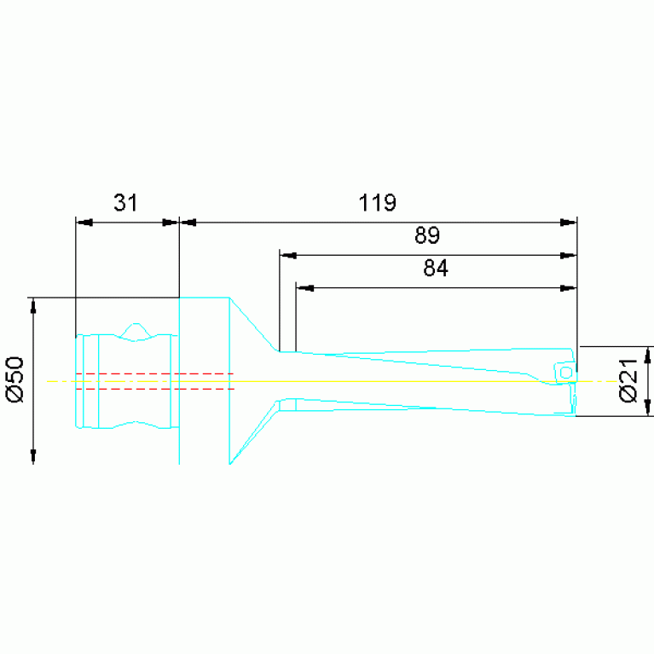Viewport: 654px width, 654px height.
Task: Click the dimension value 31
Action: click(125, 203)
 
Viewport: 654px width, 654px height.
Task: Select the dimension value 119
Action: click(377, 203)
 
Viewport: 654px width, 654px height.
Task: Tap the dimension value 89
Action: click(427, 235)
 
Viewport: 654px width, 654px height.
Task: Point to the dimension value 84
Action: click(436, 269)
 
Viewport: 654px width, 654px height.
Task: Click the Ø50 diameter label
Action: click(15, 379)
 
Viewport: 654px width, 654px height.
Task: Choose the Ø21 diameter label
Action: click(628, 380)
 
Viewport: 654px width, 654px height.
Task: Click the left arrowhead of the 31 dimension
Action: click(84, 223)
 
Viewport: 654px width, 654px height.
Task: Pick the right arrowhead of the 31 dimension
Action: click(171, 223)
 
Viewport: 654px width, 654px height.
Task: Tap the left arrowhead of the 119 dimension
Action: click(188, 223)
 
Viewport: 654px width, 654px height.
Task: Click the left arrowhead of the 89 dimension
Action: click(288, 255)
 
